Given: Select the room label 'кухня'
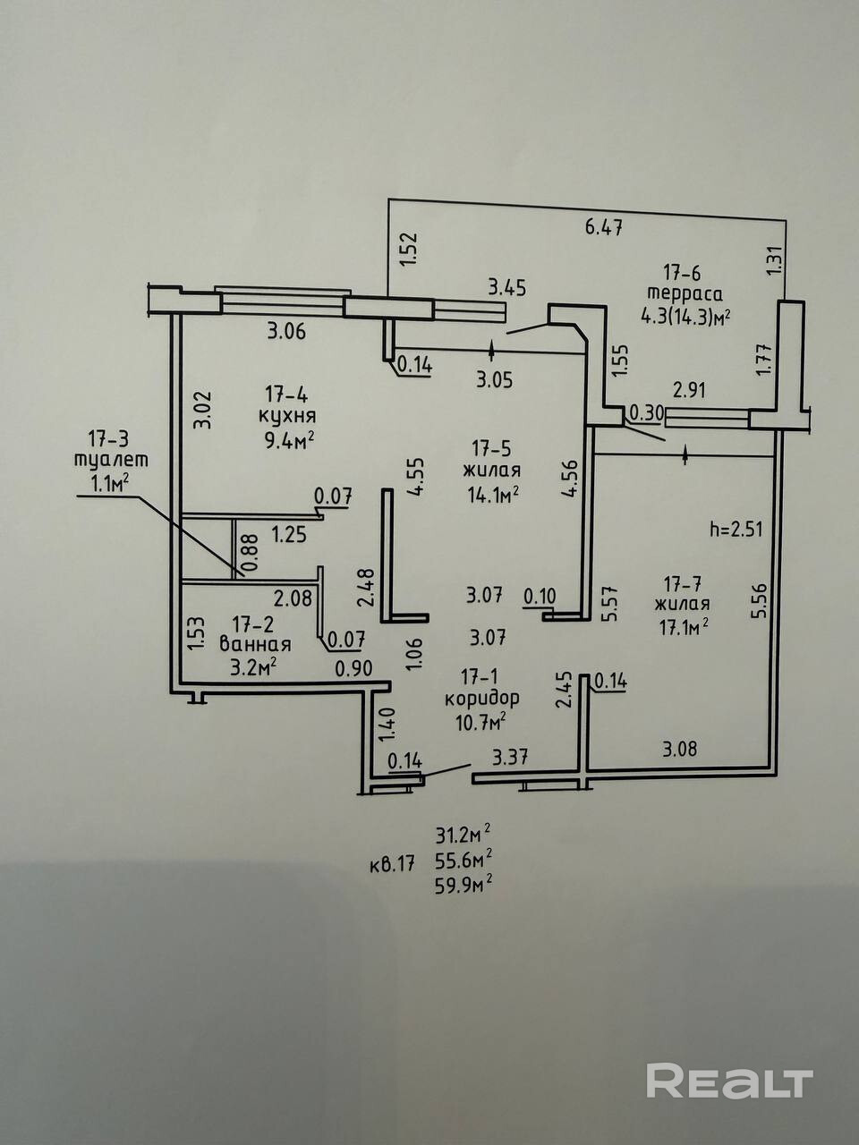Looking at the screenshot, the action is coord(286,416).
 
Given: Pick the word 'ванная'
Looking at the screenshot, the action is coord(255,644).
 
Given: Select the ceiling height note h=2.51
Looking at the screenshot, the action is coord(736,528).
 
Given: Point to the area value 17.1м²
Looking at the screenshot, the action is coord(685,627).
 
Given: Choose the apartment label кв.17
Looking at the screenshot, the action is coord(392,865).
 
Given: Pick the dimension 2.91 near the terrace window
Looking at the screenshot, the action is coord(691,390).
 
